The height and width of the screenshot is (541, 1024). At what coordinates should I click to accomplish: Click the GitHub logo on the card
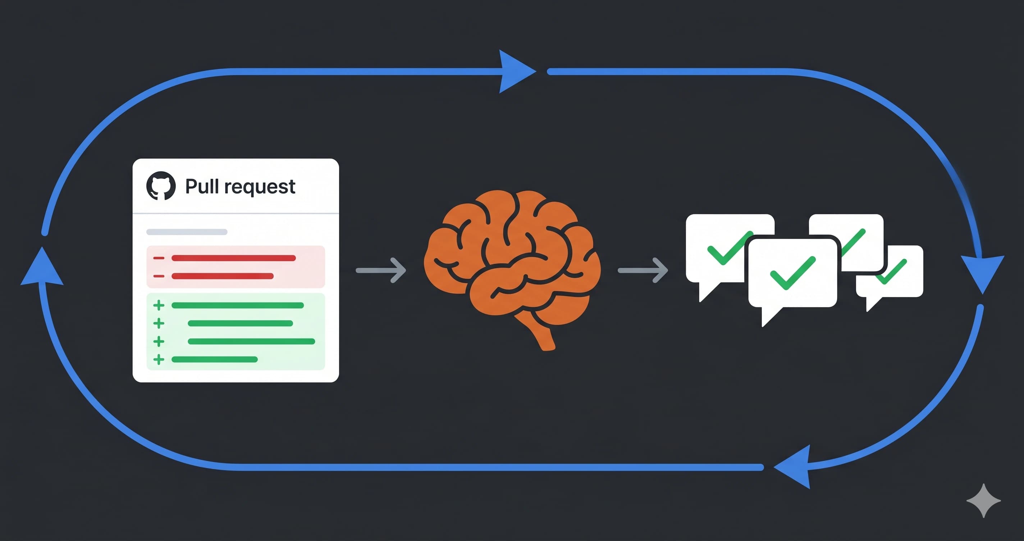pos(161,186)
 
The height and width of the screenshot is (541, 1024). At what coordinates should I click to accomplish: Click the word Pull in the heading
pos(202,186)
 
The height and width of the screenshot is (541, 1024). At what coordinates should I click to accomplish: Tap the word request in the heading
pos(260,187)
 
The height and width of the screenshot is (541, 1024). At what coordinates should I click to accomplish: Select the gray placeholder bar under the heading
pos(187,232)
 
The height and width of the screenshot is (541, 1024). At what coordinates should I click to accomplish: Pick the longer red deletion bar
pos(234,258)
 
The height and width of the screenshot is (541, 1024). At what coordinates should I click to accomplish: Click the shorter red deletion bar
pos(223,276)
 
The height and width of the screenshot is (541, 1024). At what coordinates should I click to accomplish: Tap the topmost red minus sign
pos(159,258)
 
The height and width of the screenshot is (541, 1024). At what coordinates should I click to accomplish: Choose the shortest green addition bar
pos(215,360)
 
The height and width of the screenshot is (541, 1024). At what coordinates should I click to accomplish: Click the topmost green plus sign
pos(159,305)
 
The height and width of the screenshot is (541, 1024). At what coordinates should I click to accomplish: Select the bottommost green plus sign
pos(159,360)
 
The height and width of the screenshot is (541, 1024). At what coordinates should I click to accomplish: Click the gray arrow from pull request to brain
pos(381,270)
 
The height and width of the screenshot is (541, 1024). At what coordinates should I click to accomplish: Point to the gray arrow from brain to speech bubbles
pos(643,270)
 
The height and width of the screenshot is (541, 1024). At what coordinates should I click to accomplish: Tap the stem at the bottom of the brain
pos(545,338)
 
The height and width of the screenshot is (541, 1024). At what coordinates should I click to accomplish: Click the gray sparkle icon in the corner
pos(983,500)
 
